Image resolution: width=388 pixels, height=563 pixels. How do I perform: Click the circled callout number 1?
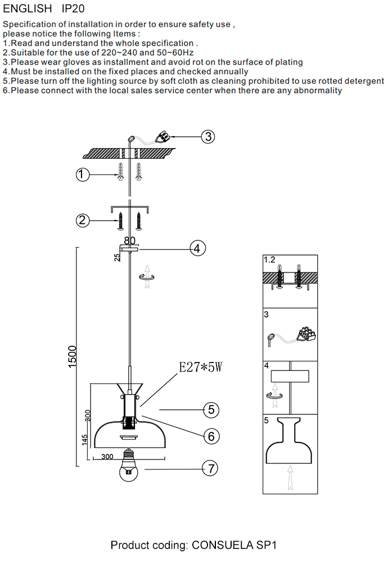tap(83, 176)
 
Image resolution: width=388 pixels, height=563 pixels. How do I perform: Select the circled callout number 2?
tap(83, 220)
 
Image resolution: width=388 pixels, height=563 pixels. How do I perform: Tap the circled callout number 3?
tap(209, 136)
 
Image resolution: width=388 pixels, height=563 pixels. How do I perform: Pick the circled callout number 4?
tap(197, 248)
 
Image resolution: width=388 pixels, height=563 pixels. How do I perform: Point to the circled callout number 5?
tap(210, 409)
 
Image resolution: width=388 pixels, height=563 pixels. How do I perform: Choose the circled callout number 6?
tap(210, 436)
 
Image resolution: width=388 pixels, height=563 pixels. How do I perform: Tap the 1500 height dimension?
tap(73, 356)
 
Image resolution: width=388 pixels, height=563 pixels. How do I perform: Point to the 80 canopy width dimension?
tap(130, 240)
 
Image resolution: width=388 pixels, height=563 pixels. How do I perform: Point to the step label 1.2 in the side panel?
tap(270, 260)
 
